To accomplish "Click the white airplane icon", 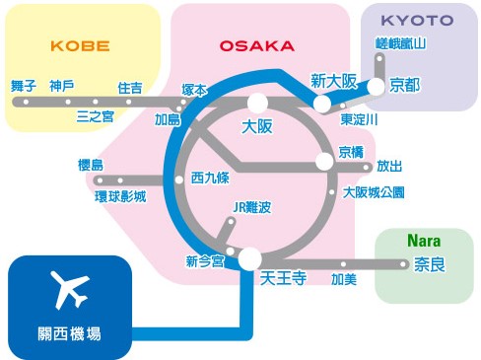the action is (70, 290).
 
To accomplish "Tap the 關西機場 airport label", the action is (69, 334).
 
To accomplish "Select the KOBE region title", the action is (80, 46).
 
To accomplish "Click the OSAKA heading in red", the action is (256, 46).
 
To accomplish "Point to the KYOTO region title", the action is (417, 21).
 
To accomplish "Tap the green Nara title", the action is (424, 241).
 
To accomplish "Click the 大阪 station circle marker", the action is (258, 103).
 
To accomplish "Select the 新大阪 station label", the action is (333, 81).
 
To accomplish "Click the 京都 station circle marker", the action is (376, 87).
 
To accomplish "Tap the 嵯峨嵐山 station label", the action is (400, 43).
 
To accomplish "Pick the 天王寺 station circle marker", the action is (249, 258).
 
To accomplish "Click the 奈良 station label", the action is (430, 264).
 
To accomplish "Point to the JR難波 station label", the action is (252, 207).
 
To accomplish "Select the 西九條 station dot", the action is (179, 180).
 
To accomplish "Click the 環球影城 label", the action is (120, 196).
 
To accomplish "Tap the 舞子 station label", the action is (24, 86).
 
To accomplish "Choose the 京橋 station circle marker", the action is (324, 162).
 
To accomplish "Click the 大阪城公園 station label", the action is (374, 192).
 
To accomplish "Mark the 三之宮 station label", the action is (96, 116).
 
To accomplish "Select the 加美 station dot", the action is (343, 264).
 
